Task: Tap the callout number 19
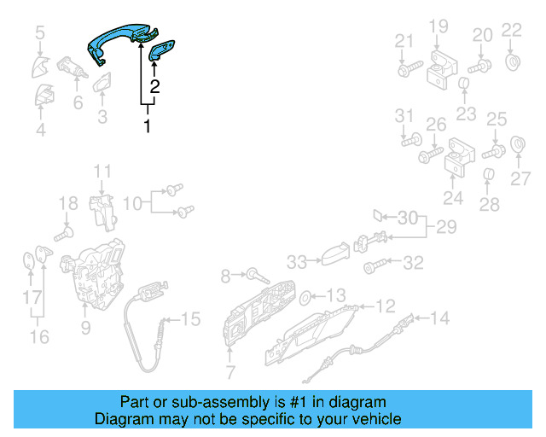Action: click(438, 26)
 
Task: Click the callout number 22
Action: click(510, 30)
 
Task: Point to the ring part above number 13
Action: click(305, 297)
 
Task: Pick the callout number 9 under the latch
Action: click(85, 326)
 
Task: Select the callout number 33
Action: click(295, 260)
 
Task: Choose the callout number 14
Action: click(439, 318)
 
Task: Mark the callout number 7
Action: click(229, 371)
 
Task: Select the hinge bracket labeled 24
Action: click(456, 163)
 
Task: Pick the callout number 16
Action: click(39, 336)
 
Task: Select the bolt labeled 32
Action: click(372, 267)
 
